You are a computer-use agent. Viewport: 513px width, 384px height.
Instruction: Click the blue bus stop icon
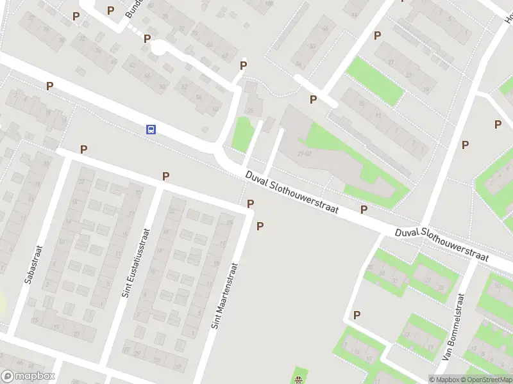coord(151,129)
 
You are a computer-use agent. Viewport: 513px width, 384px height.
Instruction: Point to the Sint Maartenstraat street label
coord(227,295)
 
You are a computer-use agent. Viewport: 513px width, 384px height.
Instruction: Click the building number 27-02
coord(304,154)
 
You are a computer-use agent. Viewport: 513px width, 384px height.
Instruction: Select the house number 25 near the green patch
coord(250,111)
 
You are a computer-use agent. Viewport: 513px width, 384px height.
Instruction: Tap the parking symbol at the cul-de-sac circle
coord(147,38)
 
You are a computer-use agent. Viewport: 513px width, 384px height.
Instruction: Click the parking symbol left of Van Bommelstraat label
coord(357,315)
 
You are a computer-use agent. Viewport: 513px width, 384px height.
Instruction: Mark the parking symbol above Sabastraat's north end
coord(83,149)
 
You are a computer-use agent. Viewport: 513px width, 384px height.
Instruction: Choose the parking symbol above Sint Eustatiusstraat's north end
coord(165,176)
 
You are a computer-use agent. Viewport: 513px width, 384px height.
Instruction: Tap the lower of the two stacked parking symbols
coord(260,226)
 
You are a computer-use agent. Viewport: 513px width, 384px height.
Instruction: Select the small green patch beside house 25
coord(242,134)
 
